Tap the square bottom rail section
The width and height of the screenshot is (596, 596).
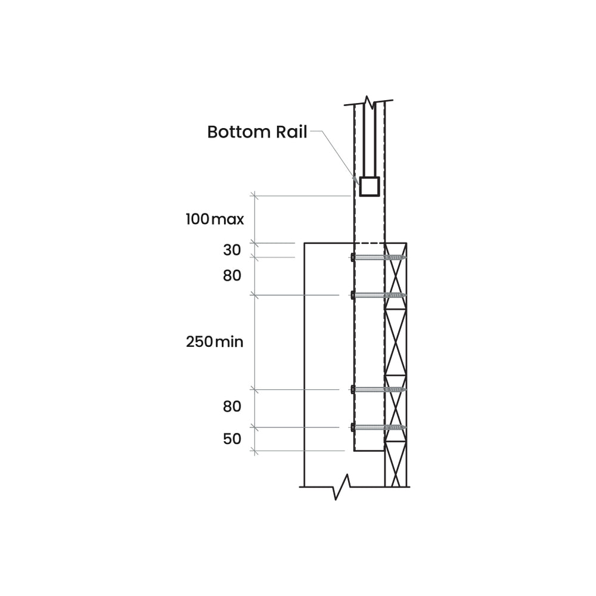[370, 187]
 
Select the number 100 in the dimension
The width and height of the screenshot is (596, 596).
[197, 219]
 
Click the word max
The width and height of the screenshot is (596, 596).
[228, 219]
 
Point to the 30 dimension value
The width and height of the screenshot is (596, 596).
[232, 250]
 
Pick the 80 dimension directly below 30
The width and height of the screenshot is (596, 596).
[232, 276]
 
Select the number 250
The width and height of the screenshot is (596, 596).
[199, 342]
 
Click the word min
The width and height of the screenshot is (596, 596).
[229, 342]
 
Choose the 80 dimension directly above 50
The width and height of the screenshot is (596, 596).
[232, 407]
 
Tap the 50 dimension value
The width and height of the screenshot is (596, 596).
[232, 439]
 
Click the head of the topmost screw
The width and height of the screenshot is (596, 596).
[353, 257]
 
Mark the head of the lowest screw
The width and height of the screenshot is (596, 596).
[353, 427]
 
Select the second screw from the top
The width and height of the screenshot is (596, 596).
[378, 295]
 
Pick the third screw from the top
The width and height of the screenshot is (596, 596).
[378, 389]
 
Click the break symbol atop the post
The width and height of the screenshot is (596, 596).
[370, 102]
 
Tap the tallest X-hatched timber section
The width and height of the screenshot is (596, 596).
[395, 342]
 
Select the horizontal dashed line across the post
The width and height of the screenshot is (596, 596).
[370, 243]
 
